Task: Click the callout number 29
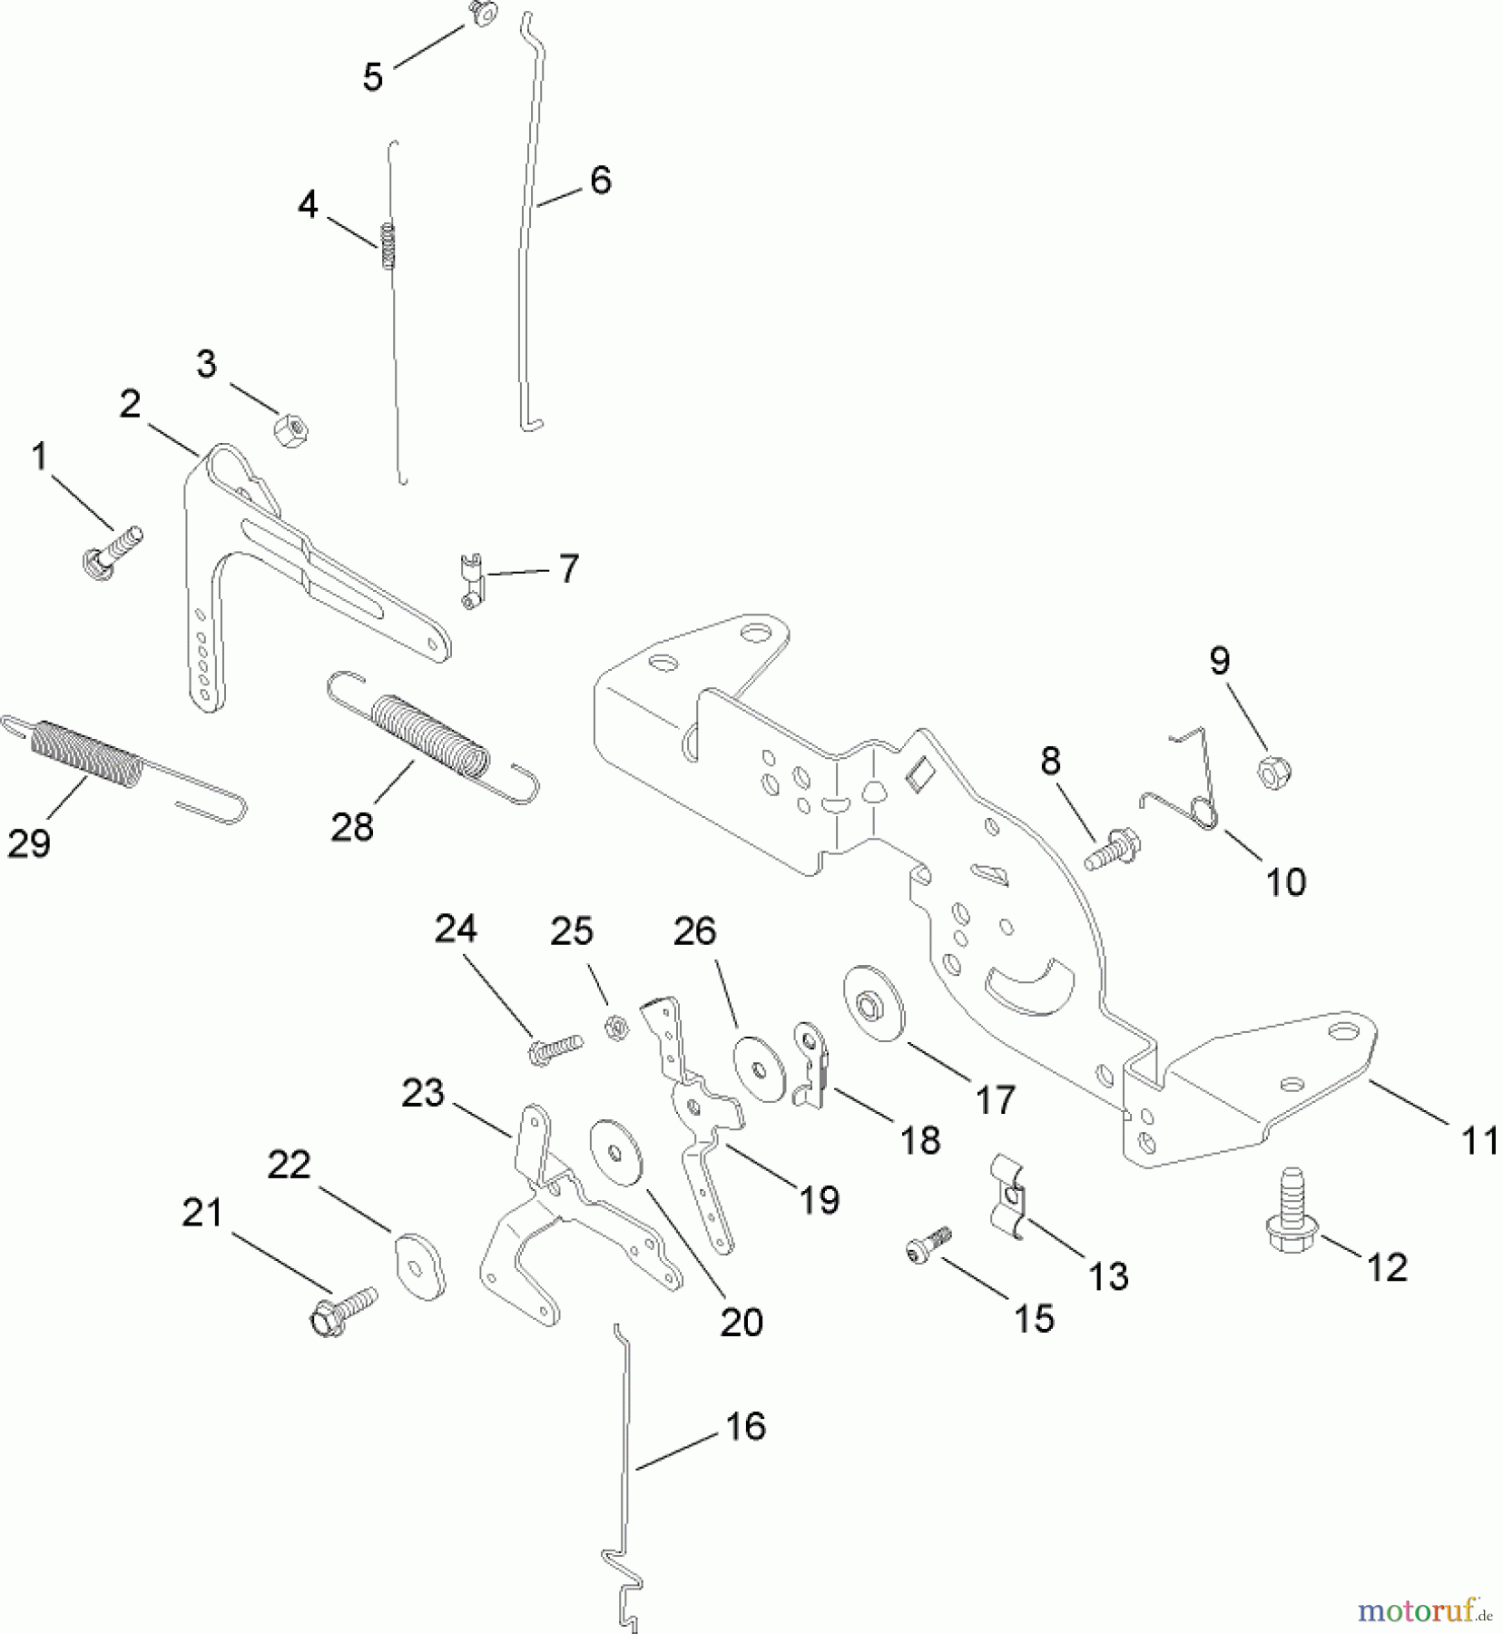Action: click(x=29, y=843)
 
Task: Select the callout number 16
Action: click(x=746, y=1426)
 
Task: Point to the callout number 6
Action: click(x=601, y=180)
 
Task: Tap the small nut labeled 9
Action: click(x=1273, y=773)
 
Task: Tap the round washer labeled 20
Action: click(x=616, y=1153)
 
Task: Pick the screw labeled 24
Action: click(x=553, y=1047)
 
